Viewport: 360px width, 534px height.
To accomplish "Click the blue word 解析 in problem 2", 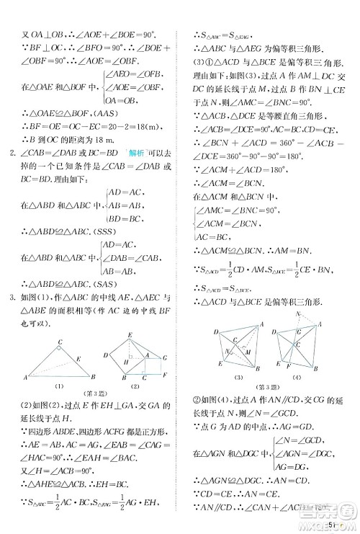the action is pos(133,151).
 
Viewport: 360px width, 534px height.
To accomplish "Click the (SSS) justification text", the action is pos(100,231).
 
